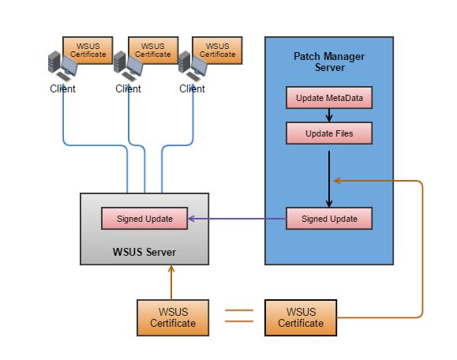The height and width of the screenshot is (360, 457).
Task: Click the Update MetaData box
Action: coord(328,99)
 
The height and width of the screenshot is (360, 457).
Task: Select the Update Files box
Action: coord(328,133)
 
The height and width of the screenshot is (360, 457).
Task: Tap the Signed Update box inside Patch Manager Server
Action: coord(328,219)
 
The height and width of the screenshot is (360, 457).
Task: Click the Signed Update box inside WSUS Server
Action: coord(144,219)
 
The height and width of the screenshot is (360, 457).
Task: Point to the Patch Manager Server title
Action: coord(329,62)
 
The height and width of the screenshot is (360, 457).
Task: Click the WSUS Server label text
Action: coord(144,251)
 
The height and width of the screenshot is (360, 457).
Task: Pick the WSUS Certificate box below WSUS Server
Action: coord(172,318)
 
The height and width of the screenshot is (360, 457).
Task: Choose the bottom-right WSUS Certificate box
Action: coord(301,318)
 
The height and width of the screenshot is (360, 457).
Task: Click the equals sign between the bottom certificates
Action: coord(239,316)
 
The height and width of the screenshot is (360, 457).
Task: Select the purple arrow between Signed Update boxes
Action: coord(237,219)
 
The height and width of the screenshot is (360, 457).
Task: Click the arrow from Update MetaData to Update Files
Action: coord(328,116)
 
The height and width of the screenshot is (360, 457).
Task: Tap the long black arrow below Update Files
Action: coord(328,178)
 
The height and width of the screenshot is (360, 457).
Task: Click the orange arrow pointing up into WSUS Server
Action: coord(171,283)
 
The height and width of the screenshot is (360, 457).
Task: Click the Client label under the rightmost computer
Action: coord(192,88)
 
